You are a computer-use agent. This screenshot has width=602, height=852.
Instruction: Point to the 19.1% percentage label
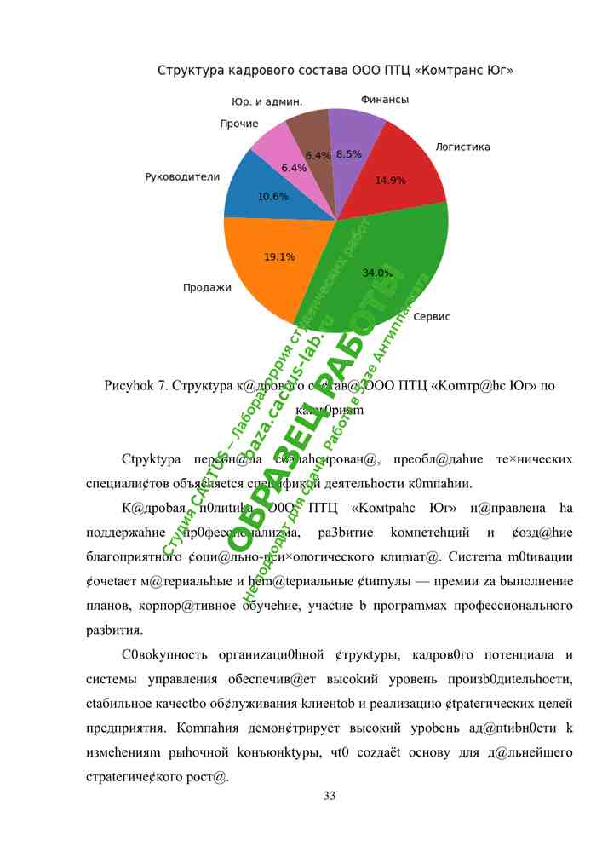pyautogui.click(x=279, y=256)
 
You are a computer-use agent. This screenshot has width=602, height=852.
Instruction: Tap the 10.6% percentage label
pyautogui.click(x=272, y=196)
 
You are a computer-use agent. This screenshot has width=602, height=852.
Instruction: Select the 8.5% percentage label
pyautogui.click(x=349, y=154)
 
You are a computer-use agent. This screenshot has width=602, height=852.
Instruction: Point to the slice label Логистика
pyautogui.click(x=462, y=147)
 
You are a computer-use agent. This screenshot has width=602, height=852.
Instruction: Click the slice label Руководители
pyautogui.click(x=182, y=177)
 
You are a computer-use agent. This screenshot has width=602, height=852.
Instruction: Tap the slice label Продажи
pyautogui.click(x=207, y=287)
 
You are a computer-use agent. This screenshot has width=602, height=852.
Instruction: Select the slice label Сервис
pyautogui.click(x=432, y=317)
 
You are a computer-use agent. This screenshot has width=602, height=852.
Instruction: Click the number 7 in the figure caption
pyautogui.click(x=162, y=385)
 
